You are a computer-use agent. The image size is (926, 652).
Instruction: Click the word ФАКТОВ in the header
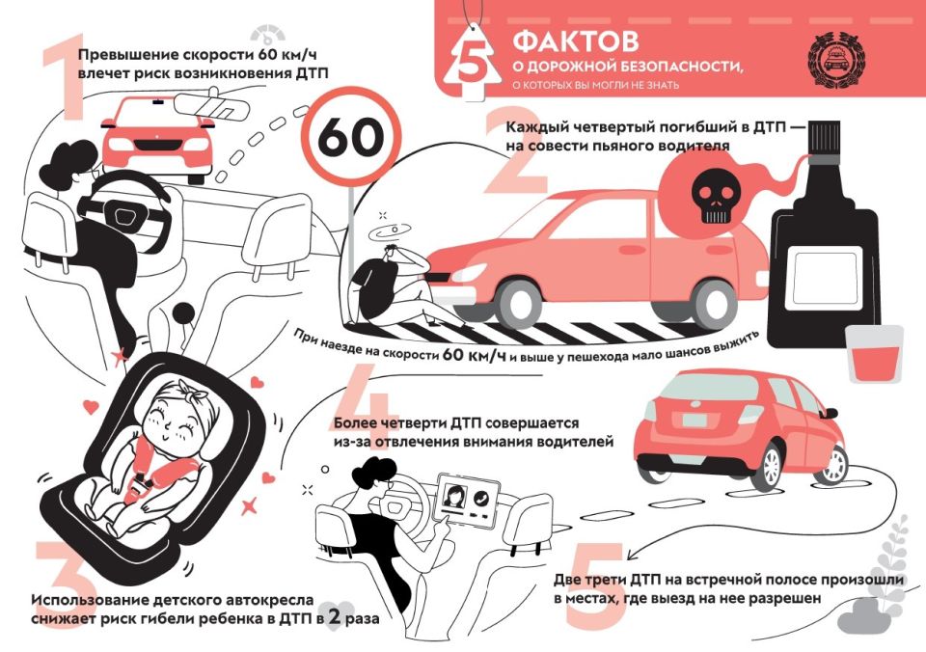[575, 42]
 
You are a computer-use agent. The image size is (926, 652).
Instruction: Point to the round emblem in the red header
[835, 64]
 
